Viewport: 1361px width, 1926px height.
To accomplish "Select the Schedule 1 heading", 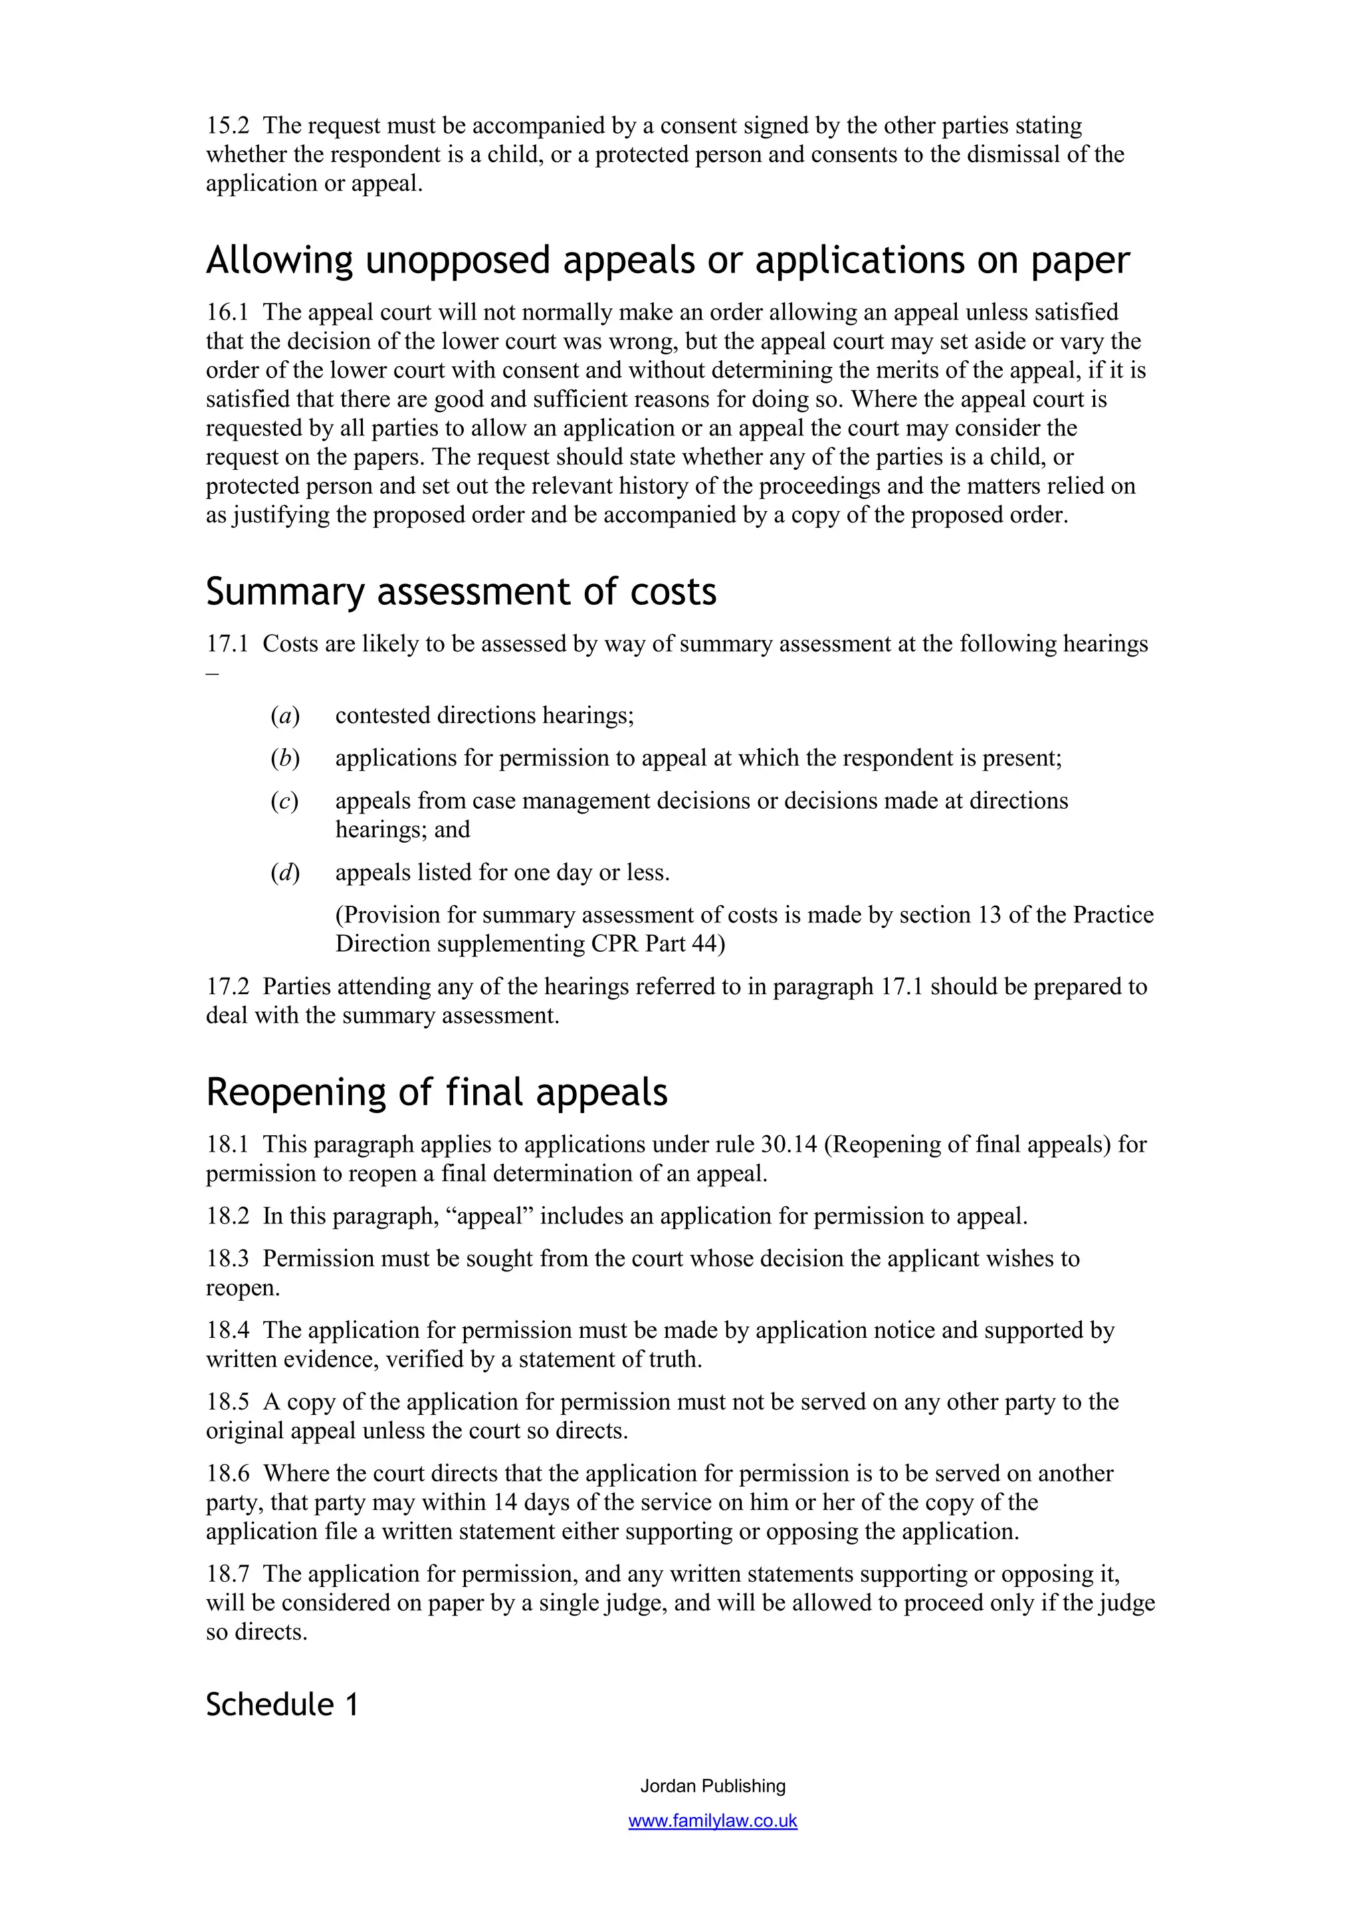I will [282, 1705].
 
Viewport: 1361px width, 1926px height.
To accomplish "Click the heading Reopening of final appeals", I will [436, 1092].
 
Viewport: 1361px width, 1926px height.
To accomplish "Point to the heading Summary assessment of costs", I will [461, 591].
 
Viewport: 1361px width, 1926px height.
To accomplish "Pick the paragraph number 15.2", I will [227, 126].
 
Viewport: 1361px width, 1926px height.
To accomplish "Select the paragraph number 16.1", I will [227, 312].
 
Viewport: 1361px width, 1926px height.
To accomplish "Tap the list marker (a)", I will [285, 716].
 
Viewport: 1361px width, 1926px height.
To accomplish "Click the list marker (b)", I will [285, 758].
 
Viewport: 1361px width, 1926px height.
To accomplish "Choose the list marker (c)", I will [285, 801].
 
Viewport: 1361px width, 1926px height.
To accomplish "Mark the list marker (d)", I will [285, 873].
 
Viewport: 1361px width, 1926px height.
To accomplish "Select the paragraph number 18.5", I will [227, 1402].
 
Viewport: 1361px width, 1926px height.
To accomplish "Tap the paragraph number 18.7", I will [227, 1574].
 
